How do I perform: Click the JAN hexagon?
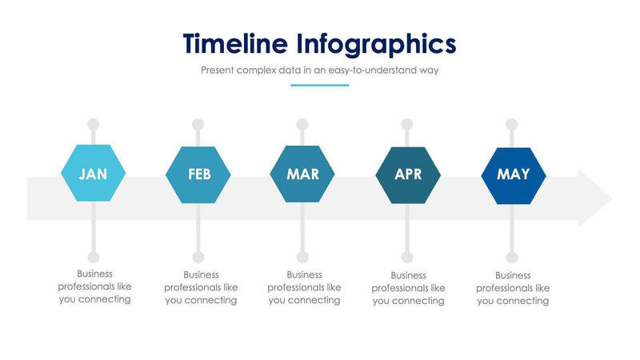tap(94, 174)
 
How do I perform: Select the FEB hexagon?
tap(198, 174)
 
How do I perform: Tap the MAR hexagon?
tap(302, 174)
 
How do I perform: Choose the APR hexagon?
tap(408, 174)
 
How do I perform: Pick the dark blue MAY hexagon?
tap(513, 174)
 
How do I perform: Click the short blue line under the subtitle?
tap(319, 85)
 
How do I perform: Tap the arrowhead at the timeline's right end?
tap(595, 198)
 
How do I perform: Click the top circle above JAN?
tap(94, 125)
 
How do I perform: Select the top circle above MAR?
tap(302, 125)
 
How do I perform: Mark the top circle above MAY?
tap(512, 125)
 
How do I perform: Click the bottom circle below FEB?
tap(198, 258)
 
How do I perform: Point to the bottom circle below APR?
tap(407, 258)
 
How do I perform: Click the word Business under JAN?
tap(94, 274)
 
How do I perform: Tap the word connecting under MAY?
tap(523, 301)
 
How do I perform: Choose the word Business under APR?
tap(408, 274)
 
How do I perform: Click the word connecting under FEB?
tap(211, 301)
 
